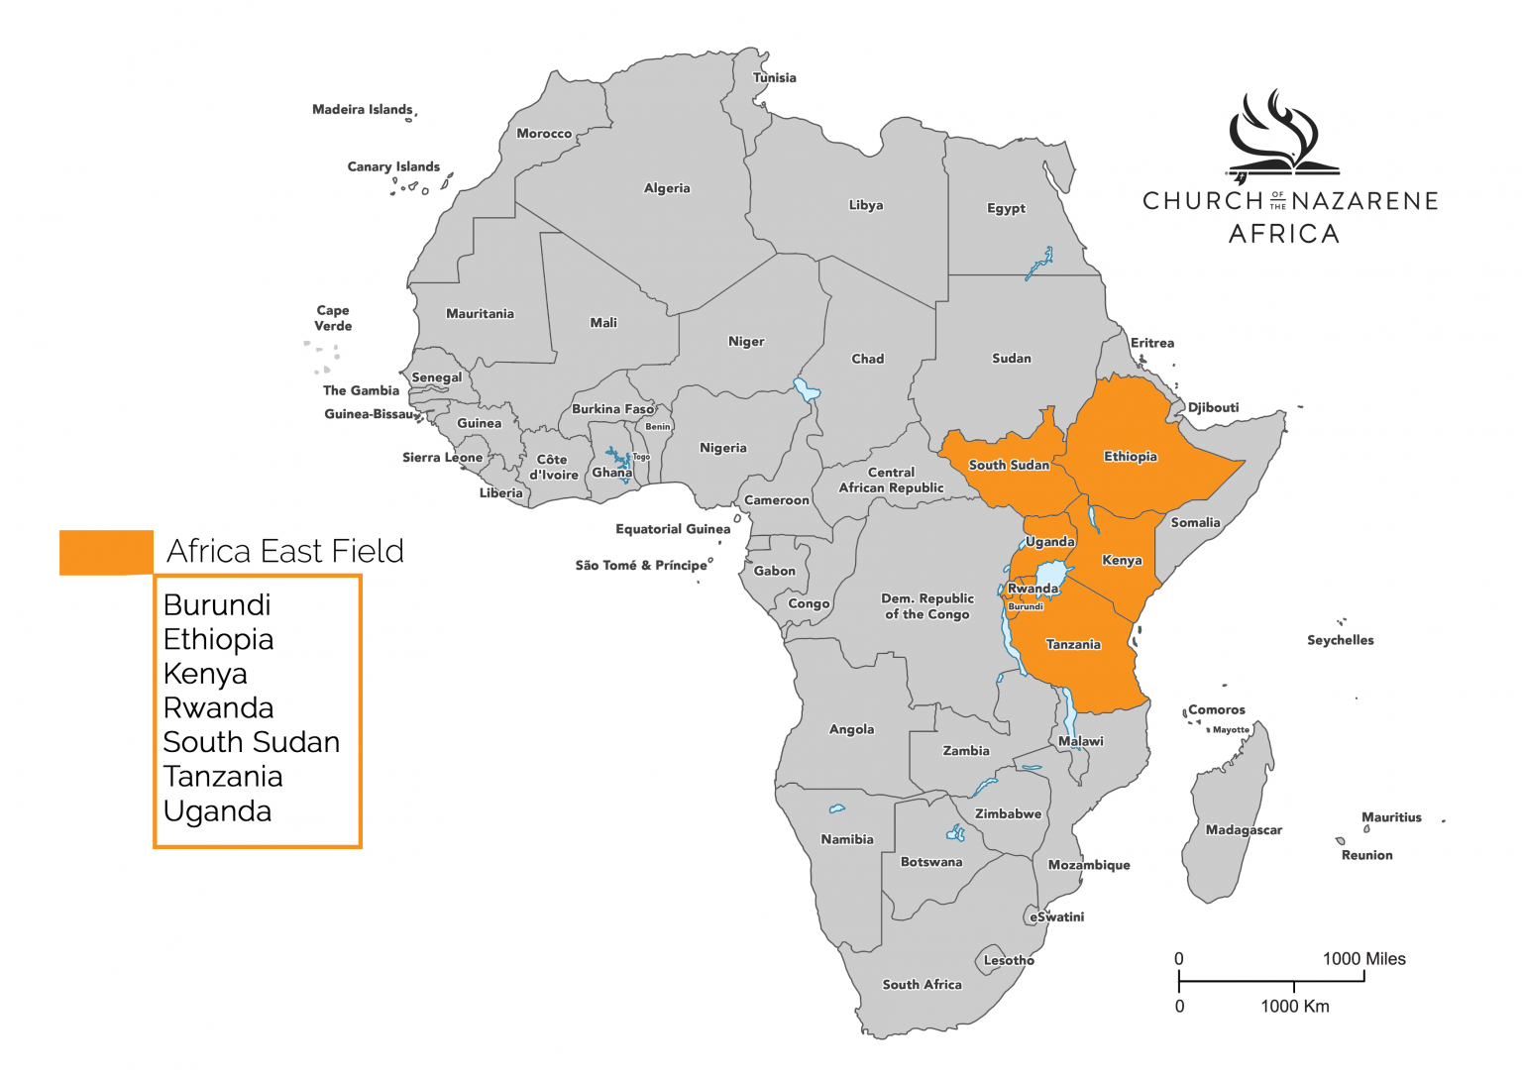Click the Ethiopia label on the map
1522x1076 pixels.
1130,457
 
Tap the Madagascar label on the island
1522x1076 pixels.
1244,830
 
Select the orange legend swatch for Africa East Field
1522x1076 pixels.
106,552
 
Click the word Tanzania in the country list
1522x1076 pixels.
223,777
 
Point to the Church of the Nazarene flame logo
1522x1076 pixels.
1278,135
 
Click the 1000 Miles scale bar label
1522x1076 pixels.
1363,959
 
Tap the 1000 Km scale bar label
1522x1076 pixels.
1294,1007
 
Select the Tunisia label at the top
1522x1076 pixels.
774,78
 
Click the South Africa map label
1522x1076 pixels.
922,985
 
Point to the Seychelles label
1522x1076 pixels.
1340,641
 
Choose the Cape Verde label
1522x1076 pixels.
333,318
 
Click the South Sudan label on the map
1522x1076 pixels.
1008,466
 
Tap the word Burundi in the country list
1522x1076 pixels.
217,605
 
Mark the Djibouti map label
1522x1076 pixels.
1213,408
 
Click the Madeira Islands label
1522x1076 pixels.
362,110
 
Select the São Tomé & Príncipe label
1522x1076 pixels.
641,566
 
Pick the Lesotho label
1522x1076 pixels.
1009,961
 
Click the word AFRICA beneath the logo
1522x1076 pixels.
1283,234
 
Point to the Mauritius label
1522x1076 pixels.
1391,818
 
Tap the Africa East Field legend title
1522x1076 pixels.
285,551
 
